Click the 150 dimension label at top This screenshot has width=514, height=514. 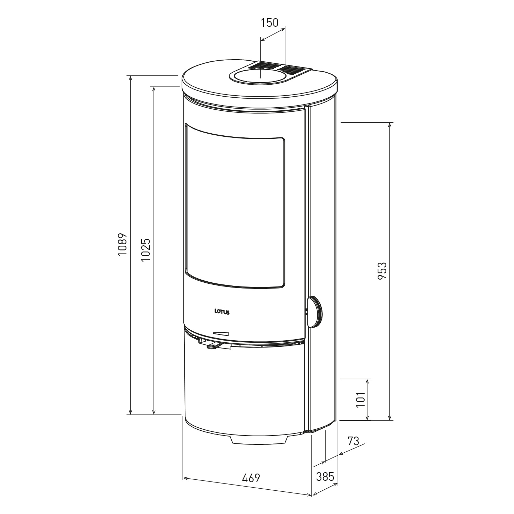[270, 23]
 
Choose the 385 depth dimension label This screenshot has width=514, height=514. [325, 476]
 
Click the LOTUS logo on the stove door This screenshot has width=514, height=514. [222, 311]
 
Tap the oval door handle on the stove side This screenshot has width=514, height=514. [315, 312]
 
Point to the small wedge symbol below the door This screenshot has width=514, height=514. [221, 333]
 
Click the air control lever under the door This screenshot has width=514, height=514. [214, 346]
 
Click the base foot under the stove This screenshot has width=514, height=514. [259, 440]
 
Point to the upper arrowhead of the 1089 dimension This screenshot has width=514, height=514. [130, 78]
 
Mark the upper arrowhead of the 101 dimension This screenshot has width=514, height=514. [368, 381]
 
